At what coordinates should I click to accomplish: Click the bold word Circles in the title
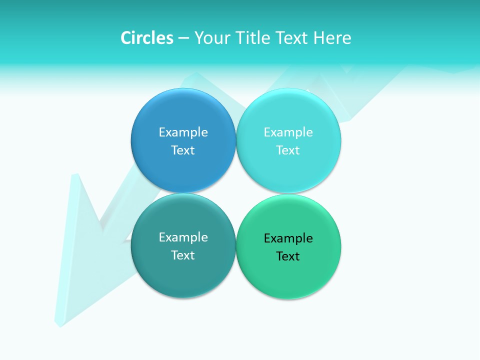point(146,38)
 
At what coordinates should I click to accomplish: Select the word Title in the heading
point(252,38)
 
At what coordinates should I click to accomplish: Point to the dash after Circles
point(183,38)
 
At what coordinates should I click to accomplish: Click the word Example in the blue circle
point(183,132)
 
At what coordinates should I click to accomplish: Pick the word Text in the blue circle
point(183,150)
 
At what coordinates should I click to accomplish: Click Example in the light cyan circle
point(288,132)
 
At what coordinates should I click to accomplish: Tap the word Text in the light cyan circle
point(288,150)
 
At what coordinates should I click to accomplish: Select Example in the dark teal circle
point(183,237)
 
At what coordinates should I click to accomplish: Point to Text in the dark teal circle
point(183,255)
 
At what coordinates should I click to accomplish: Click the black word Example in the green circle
point(288,238)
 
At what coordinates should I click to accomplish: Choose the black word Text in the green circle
point(288,256)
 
